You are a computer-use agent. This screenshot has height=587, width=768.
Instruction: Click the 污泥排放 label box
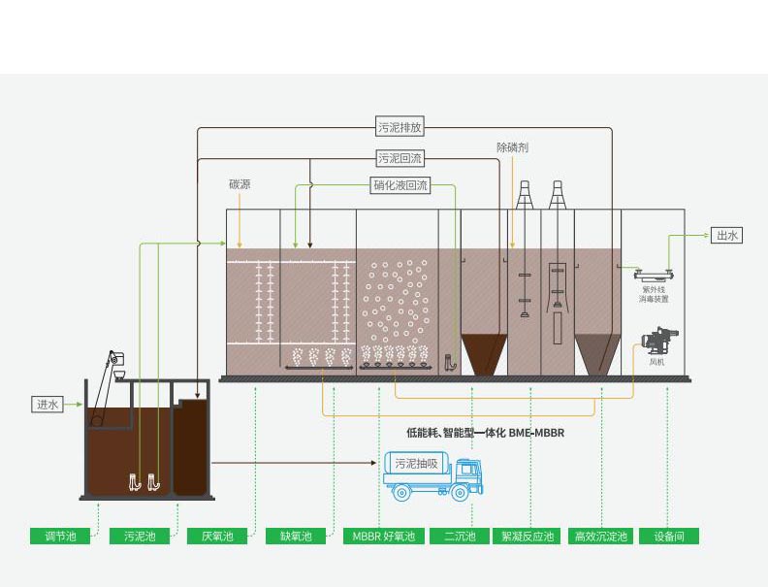[400, 127]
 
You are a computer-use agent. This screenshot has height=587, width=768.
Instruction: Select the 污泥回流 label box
[400, 158]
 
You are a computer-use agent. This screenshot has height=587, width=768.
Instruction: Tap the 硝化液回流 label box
[400, 184]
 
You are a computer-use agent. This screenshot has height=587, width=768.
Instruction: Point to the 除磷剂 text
[512, 147]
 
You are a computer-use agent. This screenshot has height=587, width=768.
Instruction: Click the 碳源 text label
[240, 183]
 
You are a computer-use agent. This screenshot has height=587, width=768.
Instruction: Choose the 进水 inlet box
[48, 405]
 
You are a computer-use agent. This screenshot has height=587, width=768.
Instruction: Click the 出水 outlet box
[727, 235]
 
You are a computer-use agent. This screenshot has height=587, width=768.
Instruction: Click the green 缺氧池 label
[296, 536]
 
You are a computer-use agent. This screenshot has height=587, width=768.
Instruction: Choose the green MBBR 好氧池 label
[383, 536]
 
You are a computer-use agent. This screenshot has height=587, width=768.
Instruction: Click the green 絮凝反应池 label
[528, 536]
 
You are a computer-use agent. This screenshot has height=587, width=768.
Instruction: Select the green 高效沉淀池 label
[601, 536]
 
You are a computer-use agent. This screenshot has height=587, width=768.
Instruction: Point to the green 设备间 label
[669, 536]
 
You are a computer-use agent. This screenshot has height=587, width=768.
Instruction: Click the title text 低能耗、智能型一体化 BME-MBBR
[484, 433]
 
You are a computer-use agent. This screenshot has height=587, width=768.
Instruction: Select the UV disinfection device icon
[653, 274]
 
